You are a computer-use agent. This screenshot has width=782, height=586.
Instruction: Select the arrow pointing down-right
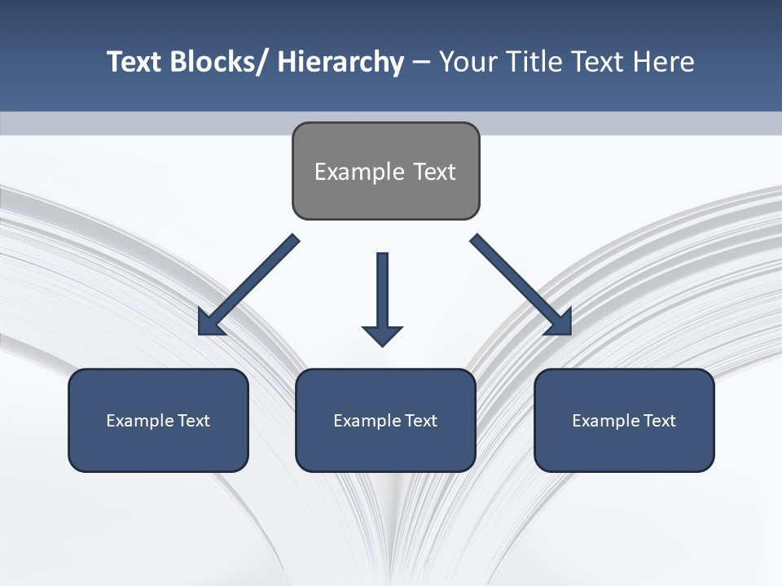pos(521,285)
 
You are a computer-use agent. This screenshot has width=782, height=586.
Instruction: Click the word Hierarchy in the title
pos(340,62)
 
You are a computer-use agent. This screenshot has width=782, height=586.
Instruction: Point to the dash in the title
pos(421,62)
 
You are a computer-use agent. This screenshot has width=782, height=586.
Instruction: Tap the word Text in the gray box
pos(433,172)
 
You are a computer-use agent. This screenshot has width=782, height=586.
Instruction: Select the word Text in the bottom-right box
pos(660,421)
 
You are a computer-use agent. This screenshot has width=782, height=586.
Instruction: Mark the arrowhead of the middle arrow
pos(382,335)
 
